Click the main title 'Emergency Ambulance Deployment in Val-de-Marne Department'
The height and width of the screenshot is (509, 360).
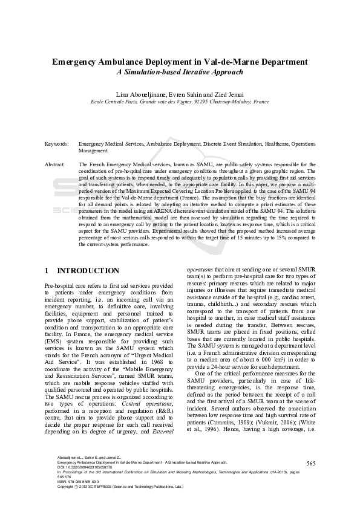180,62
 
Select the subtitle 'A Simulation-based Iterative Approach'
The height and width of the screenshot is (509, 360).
180,72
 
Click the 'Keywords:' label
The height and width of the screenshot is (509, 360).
56,144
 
